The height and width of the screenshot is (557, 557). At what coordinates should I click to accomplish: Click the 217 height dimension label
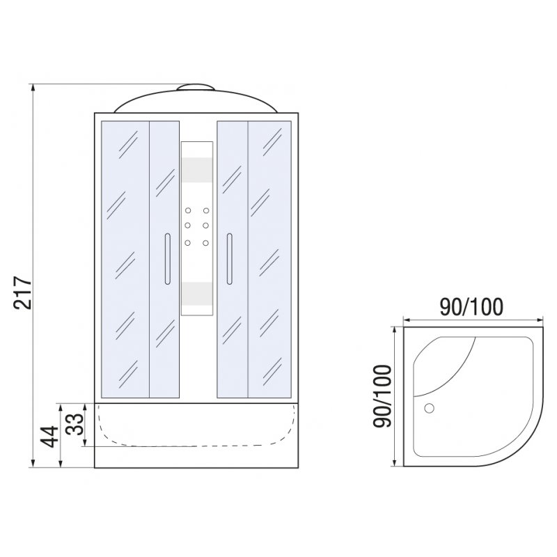pyautogui.click(x=23, y=292)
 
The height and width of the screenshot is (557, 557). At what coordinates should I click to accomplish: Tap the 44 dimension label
pyautogui.click(x=49, y=437)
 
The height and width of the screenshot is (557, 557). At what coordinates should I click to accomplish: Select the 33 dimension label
pyautogui.click(x=75, y=424)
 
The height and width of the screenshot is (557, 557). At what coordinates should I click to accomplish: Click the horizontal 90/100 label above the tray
pyautogui.click(x=471, y=307)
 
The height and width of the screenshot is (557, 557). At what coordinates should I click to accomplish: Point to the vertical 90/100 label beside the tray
pyautogui.click(x=382, y=395)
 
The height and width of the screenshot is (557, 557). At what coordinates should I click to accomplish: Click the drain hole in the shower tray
pyautogui.click(x=429, y=408)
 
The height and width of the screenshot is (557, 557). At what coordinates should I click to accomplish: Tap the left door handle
pyautogui.click(x=168, y=259)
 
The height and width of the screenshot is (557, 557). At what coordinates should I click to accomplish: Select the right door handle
pyautogui.click(x=230, y=259)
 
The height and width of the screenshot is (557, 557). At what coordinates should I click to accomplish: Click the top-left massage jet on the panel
pyautogui.click(x=188, y=211)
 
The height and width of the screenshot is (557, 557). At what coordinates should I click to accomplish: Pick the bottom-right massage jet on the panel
pyautogui.click(x=205, y=243)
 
